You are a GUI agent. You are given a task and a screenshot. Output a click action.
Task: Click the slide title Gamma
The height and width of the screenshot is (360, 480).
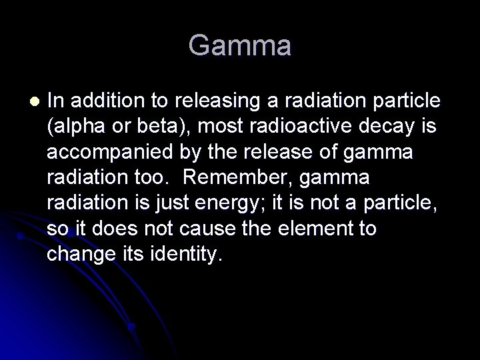tap(239, 46)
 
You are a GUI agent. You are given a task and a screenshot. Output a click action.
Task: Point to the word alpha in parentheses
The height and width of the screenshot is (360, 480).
tap(79, 127)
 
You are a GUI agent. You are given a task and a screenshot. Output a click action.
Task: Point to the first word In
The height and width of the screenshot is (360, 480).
tap(56, 101)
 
